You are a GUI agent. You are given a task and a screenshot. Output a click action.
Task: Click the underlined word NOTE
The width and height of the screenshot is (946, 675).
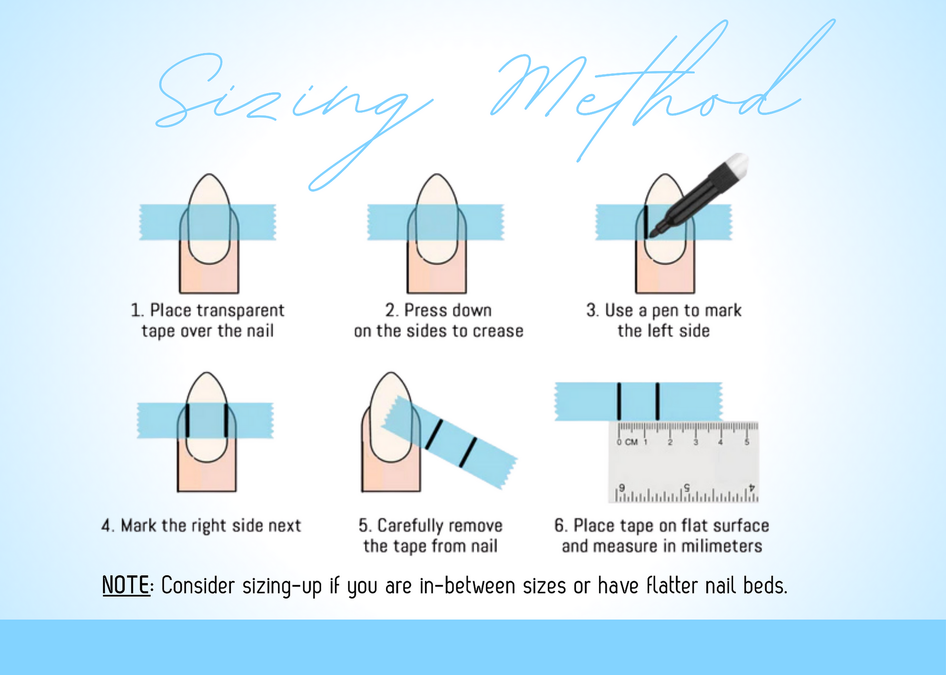coord(125,585)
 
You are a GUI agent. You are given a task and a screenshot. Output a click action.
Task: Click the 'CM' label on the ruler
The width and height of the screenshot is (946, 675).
coord(631,442)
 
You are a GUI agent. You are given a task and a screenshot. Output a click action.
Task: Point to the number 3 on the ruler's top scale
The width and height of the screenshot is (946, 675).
coord(696,442)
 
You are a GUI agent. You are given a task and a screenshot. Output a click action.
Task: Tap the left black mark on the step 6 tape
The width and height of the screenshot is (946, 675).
coord(619,401)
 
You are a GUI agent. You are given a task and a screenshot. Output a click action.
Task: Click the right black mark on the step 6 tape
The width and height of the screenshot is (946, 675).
coord(657,401)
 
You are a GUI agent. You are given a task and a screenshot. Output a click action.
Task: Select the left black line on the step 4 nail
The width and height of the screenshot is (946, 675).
coord(187,420)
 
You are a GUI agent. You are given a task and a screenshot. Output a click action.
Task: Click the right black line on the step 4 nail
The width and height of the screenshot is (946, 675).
coord(226,420)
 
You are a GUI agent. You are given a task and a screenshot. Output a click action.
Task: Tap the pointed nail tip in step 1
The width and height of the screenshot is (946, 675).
coord(209,174)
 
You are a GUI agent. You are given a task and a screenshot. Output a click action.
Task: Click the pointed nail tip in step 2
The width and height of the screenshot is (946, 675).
coord(437,174)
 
